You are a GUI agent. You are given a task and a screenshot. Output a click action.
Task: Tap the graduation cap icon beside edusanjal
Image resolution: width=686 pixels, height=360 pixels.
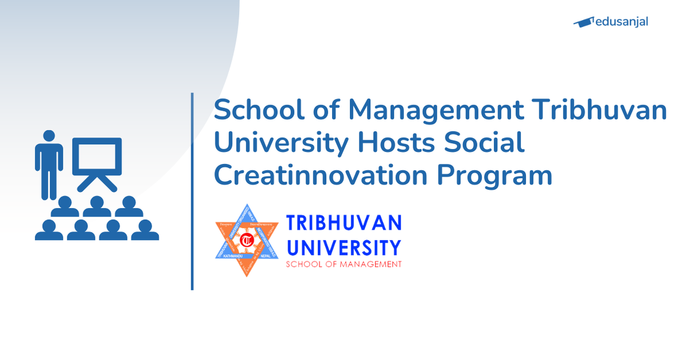click(x=583, y=22)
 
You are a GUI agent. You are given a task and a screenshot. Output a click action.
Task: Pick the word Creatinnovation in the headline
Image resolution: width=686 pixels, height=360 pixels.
click(x=321, y=175)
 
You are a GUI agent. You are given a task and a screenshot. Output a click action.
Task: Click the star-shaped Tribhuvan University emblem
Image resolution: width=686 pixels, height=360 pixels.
click(x=247, y=240)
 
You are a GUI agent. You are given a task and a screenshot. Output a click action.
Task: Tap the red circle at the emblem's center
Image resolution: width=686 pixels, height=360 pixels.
click(x=247, y=239)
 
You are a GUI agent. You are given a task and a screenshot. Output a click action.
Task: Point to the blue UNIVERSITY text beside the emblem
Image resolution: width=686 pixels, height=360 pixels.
click(x=344, y=247)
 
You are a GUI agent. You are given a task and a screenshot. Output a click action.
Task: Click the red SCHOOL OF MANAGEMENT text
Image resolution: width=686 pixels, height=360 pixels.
click(x=344, y=265)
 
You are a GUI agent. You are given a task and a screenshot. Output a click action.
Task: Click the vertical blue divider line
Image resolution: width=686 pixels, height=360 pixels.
click(x=192, y=191)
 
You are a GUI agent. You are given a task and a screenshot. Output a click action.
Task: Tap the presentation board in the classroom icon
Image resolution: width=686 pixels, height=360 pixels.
click(x=97, y=156)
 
